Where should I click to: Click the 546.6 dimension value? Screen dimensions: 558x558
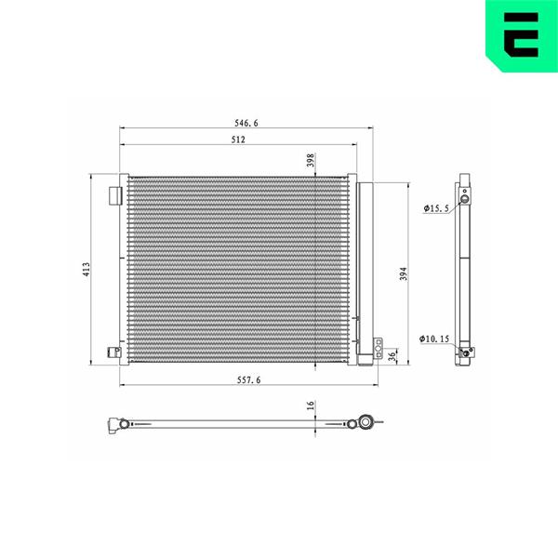(246, 123)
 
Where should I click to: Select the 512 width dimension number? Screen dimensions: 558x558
(238, 139)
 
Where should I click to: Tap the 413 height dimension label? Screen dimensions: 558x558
(86, 270)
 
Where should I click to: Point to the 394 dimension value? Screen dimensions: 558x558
(404, 273)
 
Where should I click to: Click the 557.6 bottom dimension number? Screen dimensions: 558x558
(248, 380)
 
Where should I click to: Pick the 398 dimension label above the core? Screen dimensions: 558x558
(311, 160)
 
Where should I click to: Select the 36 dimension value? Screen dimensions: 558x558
(392, 356)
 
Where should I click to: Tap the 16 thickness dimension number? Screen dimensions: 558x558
(311, 405)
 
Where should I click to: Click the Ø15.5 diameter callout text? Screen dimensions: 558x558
(436, 208)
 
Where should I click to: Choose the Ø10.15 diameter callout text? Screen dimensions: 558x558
(434, 339)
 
